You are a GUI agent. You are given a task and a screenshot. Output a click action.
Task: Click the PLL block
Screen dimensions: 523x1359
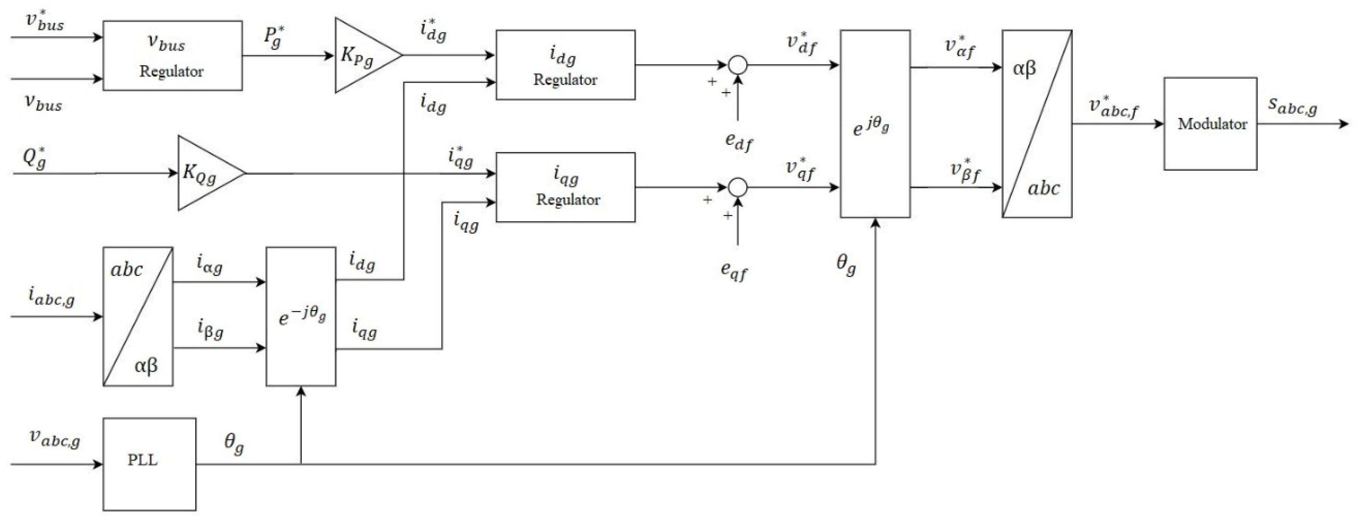tap(149, 464)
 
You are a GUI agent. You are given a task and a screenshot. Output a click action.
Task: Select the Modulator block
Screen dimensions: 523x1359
tap(1210, 124)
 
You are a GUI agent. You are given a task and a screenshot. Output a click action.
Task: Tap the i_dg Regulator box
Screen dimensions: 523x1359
tap(565, 65)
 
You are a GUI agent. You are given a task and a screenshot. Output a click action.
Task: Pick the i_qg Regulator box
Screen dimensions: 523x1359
tap(565, 187)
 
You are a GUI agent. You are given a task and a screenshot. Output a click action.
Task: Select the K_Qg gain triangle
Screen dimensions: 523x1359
tap(206, 173)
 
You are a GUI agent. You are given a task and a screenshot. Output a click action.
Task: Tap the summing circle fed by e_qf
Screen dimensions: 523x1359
tap(737, 187)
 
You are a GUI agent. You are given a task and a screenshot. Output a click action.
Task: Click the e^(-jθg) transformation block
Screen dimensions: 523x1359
tap(301, 316)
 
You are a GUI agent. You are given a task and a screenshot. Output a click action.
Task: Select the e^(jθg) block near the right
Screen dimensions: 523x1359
tap(875, 124)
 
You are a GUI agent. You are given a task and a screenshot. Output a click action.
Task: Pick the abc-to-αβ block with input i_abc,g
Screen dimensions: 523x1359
tap(138, 316)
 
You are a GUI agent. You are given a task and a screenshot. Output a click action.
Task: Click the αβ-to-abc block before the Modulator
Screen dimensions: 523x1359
tap(1036, 124)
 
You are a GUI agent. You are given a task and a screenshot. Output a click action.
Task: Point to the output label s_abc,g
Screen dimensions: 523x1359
tap(1292, 107)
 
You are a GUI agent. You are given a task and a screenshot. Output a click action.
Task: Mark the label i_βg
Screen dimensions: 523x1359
tap(210, 329)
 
